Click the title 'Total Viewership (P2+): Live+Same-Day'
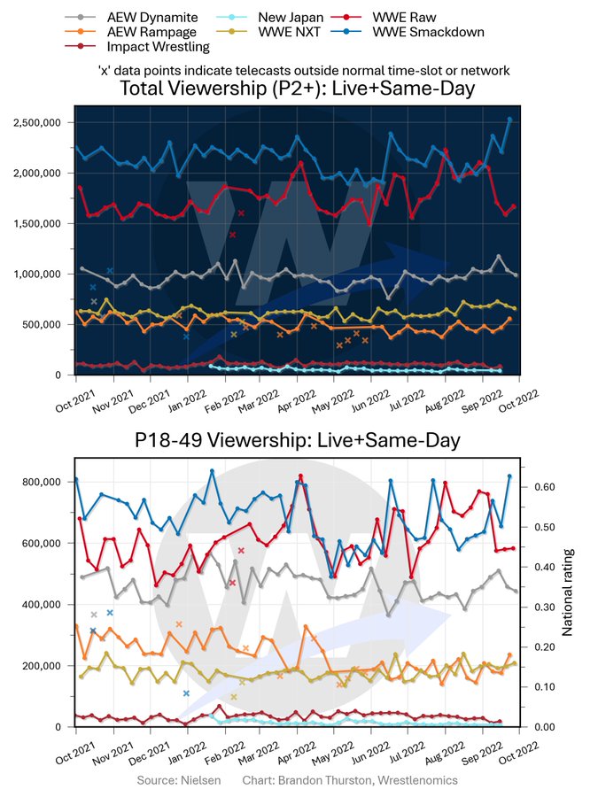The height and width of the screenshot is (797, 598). tap(299, 89)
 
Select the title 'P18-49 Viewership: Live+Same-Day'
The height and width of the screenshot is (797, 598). tap(299, 440)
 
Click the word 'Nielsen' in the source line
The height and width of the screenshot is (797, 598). tap(203, 780)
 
